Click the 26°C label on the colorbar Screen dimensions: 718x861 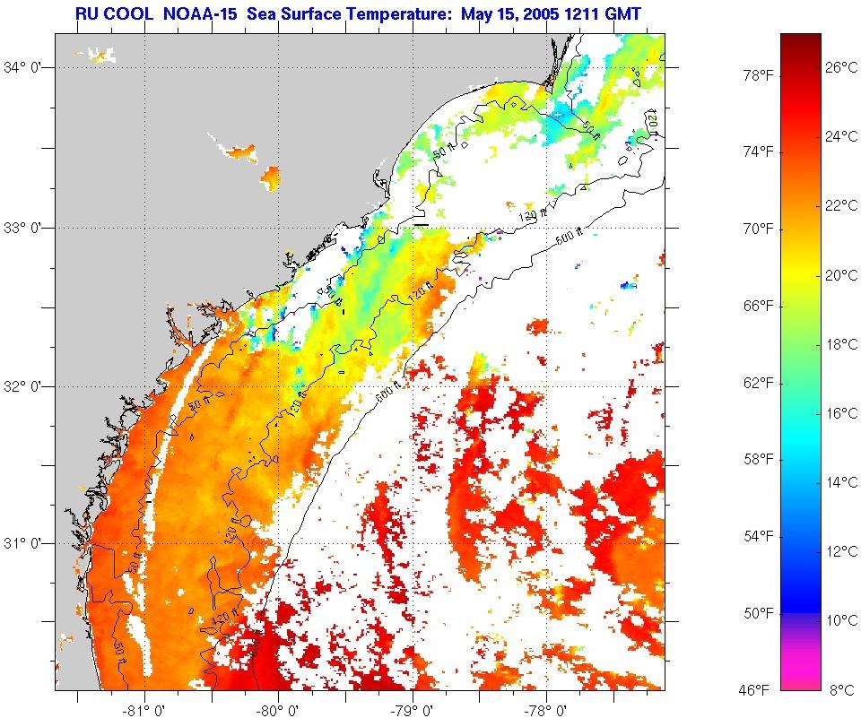coord(841,67)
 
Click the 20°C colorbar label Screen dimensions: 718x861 coord(841,275)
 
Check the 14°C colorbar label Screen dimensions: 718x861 coord(841,482)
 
